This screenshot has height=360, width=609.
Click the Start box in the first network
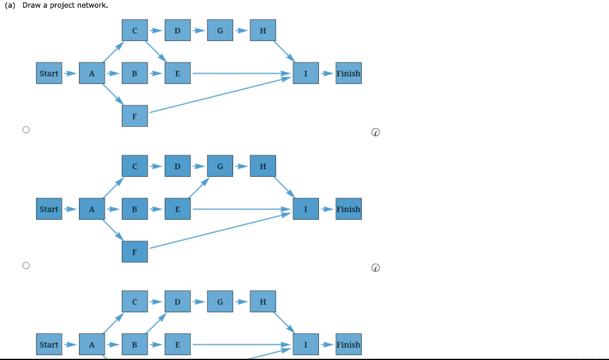pyautogui.click(x=49, y=73)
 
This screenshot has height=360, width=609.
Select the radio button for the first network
pyautogui.click(x=26, y=130)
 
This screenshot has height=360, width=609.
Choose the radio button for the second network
pyautogui.click(x=26, y=265)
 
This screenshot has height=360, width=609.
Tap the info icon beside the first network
pyautogui.click(x=376, y=132)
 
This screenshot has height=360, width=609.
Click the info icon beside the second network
pyautogui.click(x=376, y=268)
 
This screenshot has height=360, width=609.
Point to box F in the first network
pyautogui.click(x=135, y=116)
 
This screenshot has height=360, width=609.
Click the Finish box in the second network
pyautogui.click(x=349, y=209)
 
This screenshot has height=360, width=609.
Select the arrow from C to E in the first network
pyautogui.click(x=156, y=52)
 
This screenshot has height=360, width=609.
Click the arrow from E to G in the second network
pyautogui.click(x=199, y=187)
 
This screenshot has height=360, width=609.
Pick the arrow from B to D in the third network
pyautogui.click(x=156, y=323)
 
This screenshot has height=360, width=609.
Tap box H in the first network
pyautogui.click(x=263, y=30)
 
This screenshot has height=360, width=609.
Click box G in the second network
pyautogui.click(x=220, y=166)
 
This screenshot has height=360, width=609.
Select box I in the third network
pyautogui.click(x=306, y=344)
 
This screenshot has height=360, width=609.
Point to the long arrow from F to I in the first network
pyautogui.click(x=220, y=95)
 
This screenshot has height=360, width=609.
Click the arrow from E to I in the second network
pyautogui.click(x=241, y=209)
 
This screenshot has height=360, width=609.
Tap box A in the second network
pyautogui.click(x=92, y=209)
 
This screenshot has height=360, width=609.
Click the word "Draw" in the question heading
pyautogui.click(x=32, y=5)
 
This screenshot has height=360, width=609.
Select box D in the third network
pyautogui.click(x=177, y=301)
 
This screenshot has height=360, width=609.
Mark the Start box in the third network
pyautogui.click(x=49, y=344)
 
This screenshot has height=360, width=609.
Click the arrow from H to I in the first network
pyautogui.click(x=284, y=52)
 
